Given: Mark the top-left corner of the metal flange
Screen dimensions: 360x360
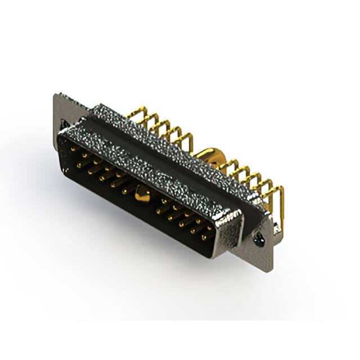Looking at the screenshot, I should coord(55,94).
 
